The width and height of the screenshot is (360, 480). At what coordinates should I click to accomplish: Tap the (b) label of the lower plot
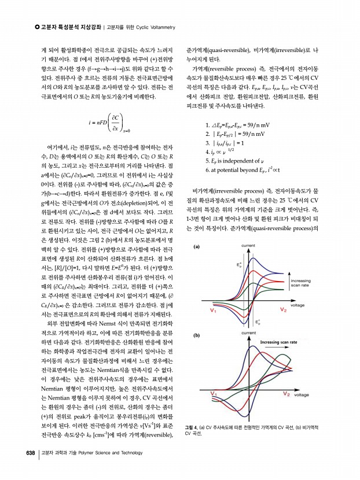[x=197, y=335]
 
